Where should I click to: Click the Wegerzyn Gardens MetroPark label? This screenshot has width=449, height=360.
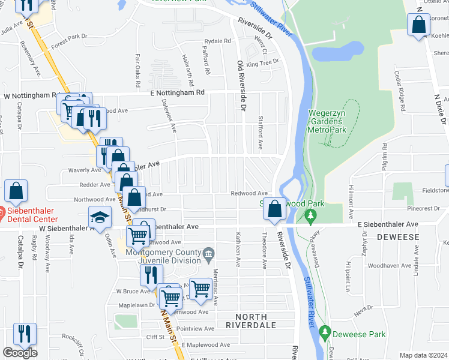coord(328,121)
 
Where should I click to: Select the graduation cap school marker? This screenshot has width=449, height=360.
coord(100,217)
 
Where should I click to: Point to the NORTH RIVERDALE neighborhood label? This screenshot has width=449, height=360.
coord(250,320)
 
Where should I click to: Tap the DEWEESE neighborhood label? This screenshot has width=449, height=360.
coord(397,238)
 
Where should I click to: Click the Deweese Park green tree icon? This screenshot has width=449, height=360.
coord(325,331)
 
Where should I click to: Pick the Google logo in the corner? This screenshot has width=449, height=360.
coord(20,353)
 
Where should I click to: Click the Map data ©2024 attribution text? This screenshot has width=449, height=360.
coord(423,355)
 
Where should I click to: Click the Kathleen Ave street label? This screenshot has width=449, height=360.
coord(238,249)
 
